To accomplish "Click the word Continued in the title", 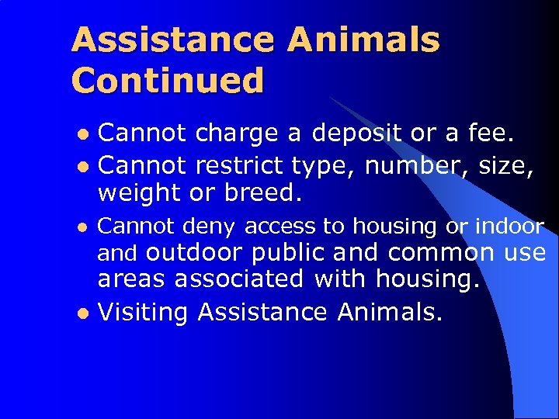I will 167,81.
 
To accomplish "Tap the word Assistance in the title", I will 172,40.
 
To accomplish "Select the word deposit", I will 356,133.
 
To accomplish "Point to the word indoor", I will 509,226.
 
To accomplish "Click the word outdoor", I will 195,253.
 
